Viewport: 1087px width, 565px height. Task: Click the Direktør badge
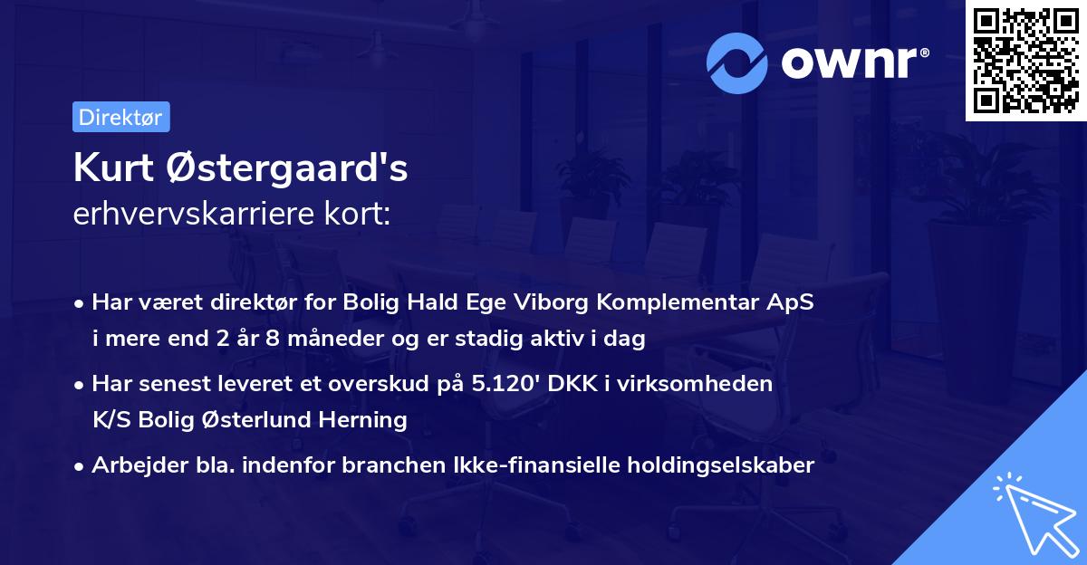click(x=120, y=118)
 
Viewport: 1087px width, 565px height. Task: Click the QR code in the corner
click(x=1025, y=61)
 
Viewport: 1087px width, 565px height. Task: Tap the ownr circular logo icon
click(x=736, y=63)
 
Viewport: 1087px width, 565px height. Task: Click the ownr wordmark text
click(x=851, y=63)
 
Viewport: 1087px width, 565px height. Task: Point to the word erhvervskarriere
click(x=195, y=214)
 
